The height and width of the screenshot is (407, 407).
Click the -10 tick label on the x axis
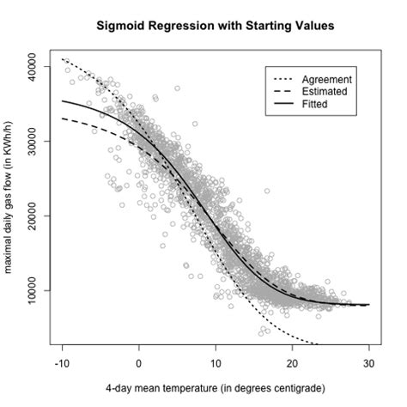click(x=63, y=363)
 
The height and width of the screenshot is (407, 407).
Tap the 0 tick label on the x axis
click(x=139, y=363)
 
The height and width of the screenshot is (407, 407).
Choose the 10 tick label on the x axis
click(x=216, y=363)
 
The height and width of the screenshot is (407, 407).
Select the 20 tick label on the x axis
click(x=292, y=363)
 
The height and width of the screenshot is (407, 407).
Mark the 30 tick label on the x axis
click(x=368, y=363)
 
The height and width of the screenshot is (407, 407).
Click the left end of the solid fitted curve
click(x=63, y=100)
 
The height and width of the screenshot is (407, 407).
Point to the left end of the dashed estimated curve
click(x=63, y=118)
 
